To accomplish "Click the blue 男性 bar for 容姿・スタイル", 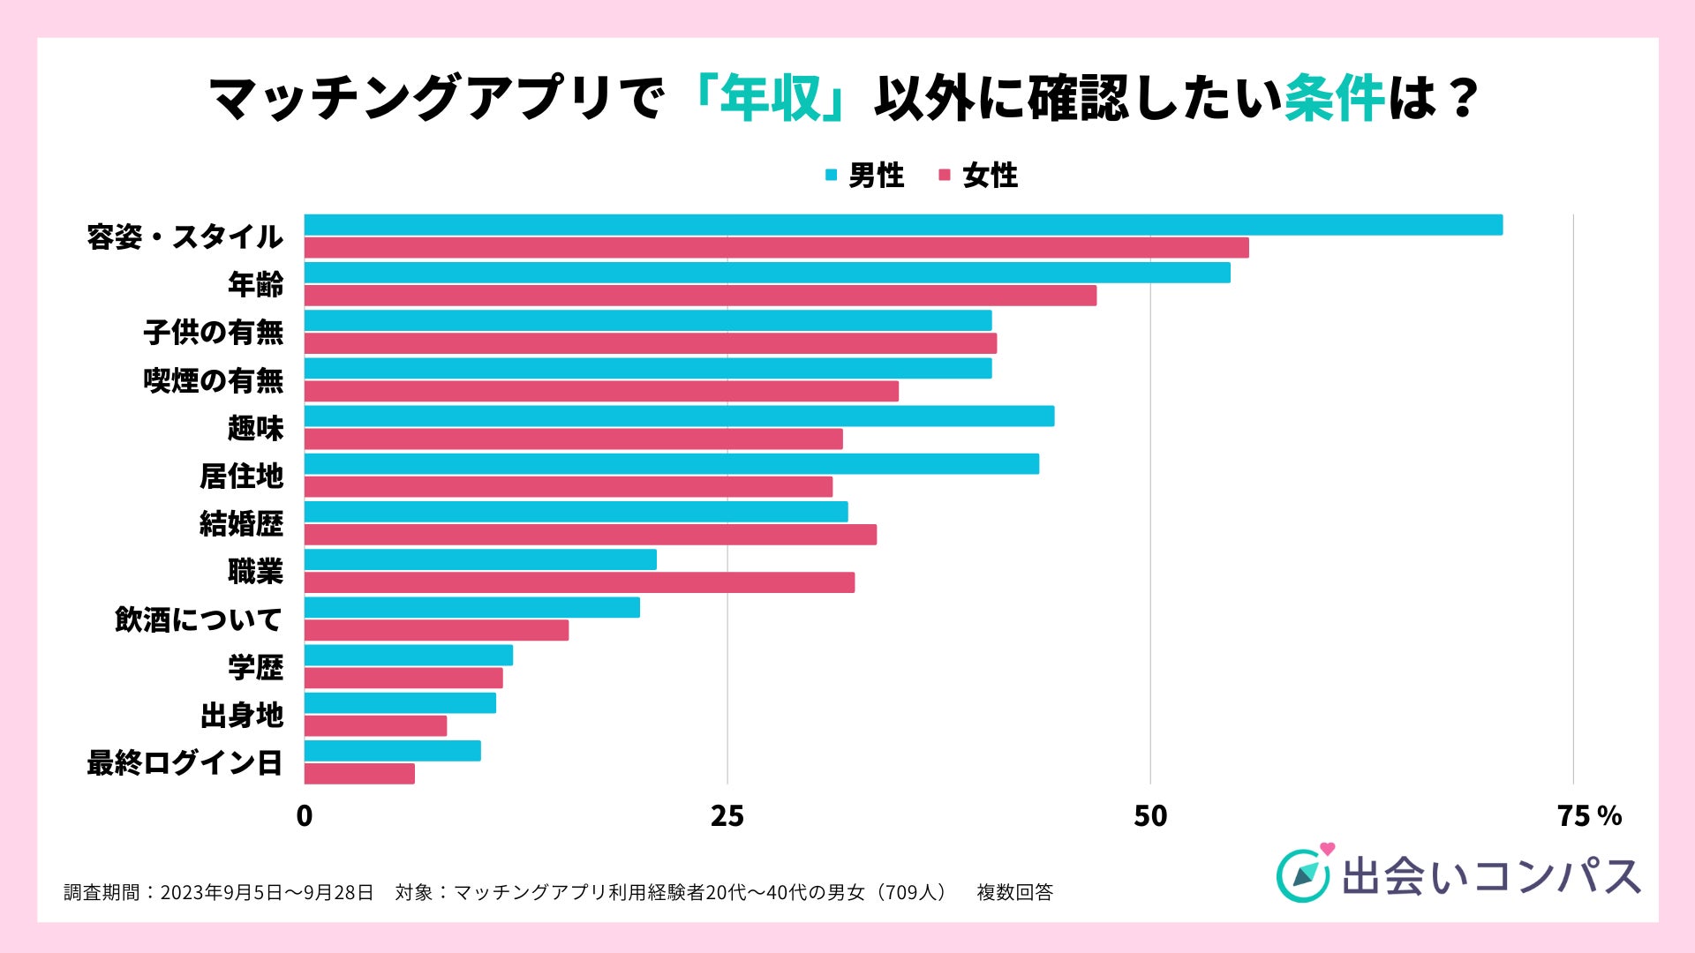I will coord(903,225).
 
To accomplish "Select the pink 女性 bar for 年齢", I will coord(700,296).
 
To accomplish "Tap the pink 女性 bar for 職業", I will coord(579,582).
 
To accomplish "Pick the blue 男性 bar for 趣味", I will coord(679,416).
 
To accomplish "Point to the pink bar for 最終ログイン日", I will coord(359,774).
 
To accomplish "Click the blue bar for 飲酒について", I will coord(471,607).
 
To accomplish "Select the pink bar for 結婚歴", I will coord(590,535).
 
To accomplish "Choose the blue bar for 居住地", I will coord(671,464).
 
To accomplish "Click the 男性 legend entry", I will coord(865,176).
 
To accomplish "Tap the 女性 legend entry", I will coord(979,176).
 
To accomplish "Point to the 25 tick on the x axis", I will coord(727,816).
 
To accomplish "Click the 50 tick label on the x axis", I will coord(1149,816).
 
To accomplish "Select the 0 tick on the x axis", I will coord(305,816).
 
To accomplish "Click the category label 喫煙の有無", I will coord(213,380).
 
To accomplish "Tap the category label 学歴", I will coord(255,667).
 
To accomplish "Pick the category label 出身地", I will coord(241,715).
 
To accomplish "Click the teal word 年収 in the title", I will coord(770,98).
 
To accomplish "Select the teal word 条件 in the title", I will coord(1333,98).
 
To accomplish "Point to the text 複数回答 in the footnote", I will coord(1014,892).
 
